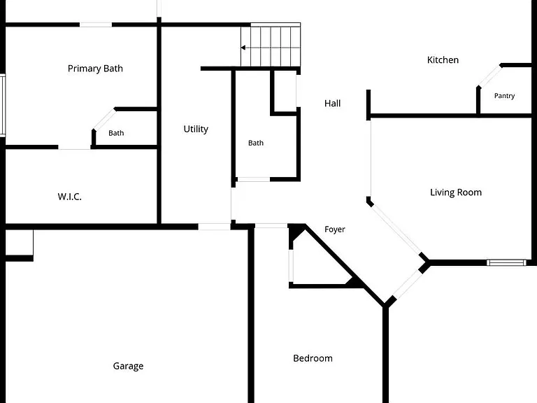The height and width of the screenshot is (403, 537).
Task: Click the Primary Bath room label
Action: coord(95,69)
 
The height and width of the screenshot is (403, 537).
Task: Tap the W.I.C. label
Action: coord(69,197)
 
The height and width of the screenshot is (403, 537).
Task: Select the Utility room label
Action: coord(196,129)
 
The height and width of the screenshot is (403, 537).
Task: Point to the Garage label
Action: coord(128,367)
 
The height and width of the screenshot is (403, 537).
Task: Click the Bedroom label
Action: coord(313,358)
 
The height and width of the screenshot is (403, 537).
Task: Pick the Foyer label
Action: coord(335,229)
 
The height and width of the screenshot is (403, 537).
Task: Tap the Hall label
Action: coord(332,103)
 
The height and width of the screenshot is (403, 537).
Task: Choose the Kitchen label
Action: coord(443,60)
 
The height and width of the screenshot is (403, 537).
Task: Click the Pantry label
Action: coord(504,96)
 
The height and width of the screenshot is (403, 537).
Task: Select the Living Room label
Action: coord(456,192)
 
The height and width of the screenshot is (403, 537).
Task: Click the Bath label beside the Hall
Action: coord(256,143)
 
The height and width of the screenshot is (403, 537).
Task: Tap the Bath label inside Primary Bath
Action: coord(116,133)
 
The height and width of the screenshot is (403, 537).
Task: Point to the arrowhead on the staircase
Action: coord(243,48)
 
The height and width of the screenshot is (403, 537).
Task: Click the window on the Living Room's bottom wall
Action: coord(506,263)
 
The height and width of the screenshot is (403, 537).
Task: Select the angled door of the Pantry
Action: coord(489,76)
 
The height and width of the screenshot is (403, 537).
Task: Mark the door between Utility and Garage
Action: coord(215,227)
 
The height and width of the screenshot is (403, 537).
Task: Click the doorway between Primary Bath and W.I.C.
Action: coord(74,148)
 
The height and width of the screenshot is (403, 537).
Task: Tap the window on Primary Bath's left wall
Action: coord(3,105)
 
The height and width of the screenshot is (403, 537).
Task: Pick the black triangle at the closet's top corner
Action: coord(296,232)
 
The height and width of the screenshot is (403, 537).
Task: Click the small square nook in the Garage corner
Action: coord(19,243)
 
